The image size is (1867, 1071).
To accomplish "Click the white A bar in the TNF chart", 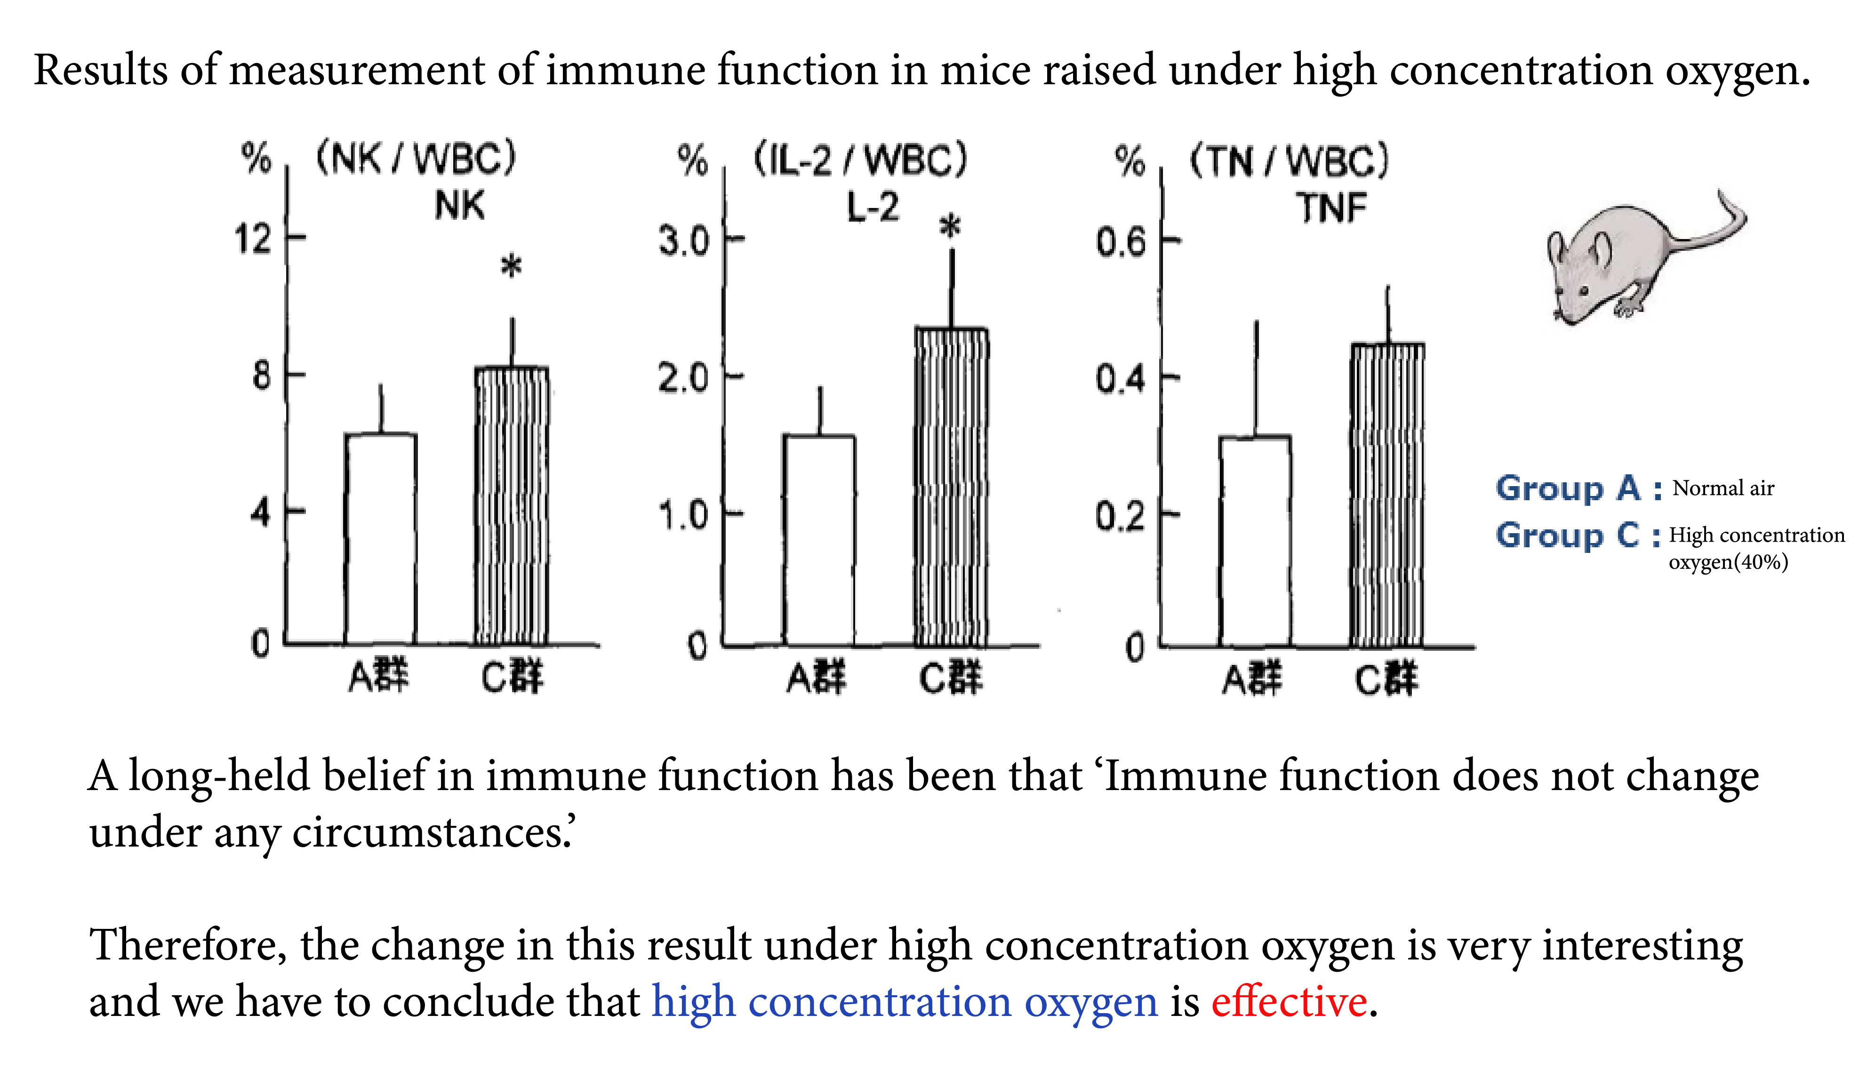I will point(1255,542).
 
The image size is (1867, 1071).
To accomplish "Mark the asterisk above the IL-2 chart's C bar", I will point(950,226).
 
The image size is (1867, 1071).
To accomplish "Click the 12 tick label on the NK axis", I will point(253,239).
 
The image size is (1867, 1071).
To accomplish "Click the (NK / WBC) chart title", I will point(417,158).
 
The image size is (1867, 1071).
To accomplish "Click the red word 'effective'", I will point(1289,1002).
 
